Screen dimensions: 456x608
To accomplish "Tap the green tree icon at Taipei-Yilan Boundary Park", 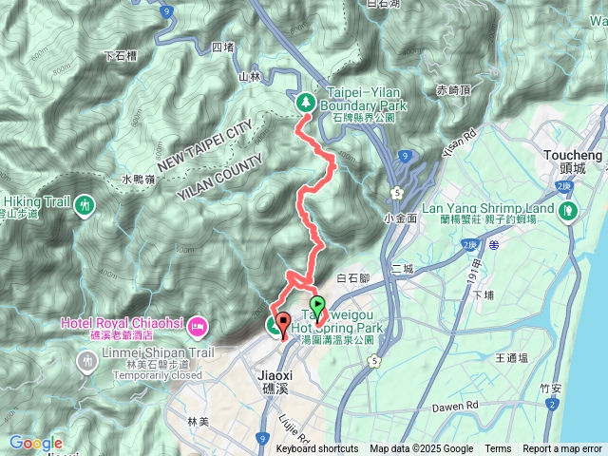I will coord(305,101).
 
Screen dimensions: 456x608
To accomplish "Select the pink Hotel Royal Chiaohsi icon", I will coord(198,327).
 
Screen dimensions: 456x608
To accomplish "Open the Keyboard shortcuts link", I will coord(317,449).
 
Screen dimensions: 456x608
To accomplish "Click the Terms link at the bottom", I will coord(498,449).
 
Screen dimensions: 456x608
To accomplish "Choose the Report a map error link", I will coord(562,449).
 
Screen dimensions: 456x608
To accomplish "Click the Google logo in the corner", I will coord(36,443).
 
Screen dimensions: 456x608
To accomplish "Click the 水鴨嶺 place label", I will coord(138,179).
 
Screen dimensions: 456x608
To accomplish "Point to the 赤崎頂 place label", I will coord(453,89).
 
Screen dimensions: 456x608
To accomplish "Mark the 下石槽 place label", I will coord(123,56).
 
